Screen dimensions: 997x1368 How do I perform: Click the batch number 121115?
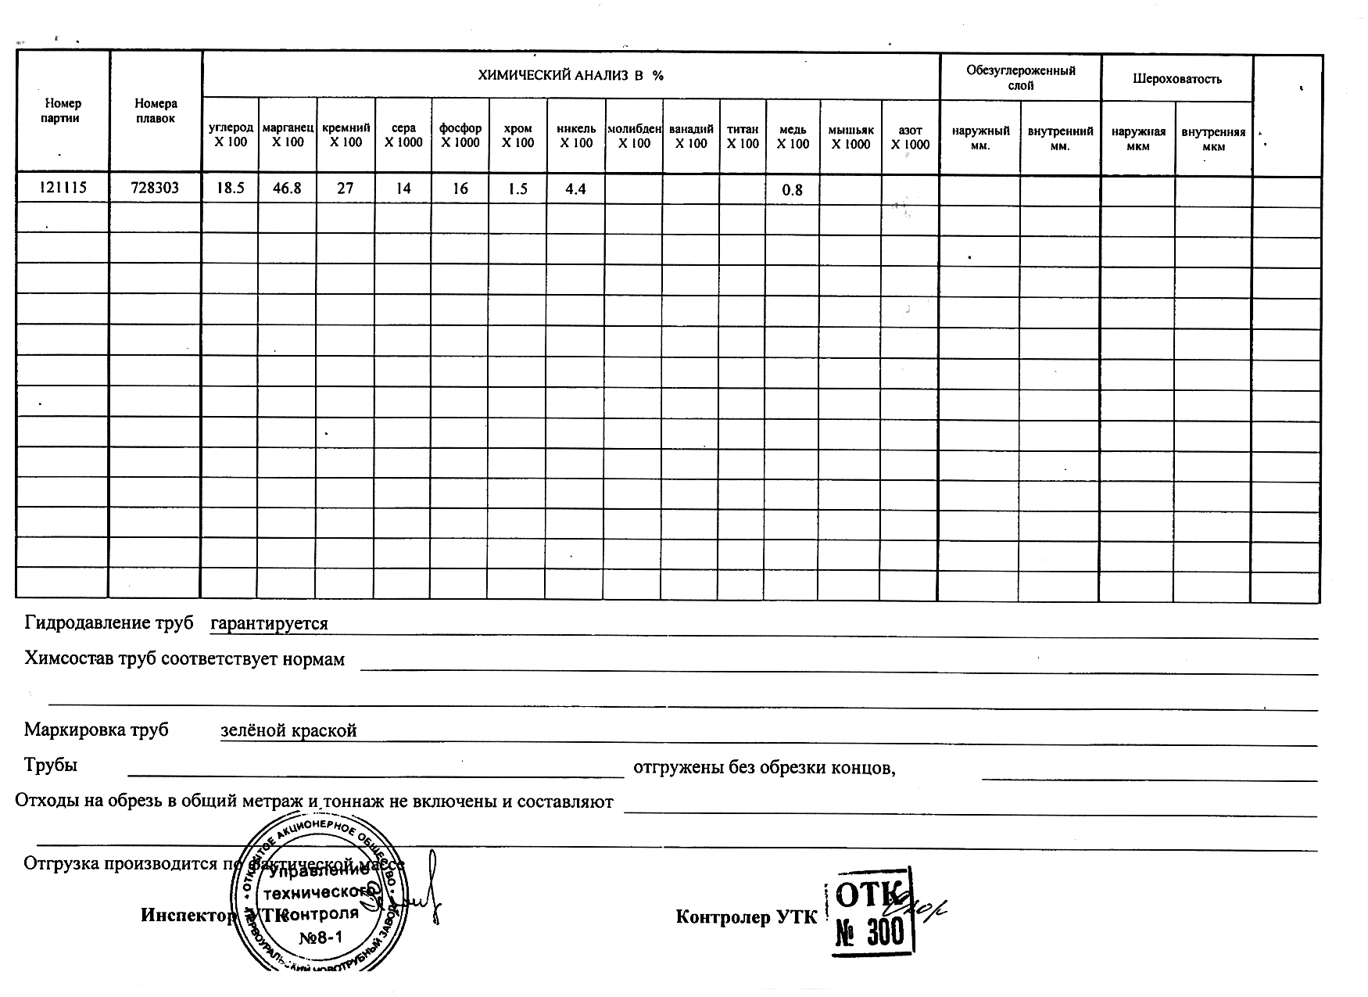[x=63, y=188]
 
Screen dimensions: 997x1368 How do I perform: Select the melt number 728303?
[x=155, y=188]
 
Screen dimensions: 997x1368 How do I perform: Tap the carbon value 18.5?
[x=231, y=188]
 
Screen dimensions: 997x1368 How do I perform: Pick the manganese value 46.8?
[x=287, y=188]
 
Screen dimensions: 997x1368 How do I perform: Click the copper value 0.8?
[x=793, y=190]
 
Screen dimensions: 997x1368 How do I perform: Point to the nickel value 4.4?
[x=575, y=188]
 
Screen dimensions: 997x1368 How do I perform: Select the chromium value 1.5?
[x=517, y=188]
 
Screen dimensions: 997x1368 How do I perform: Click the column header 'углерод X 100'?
[x=231, y=134]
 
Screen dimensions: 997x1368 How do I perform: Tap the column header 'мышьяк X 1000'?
[x=851, y=137]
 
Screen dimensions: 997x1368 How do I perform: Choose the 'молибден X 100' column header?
[x=634, y=135]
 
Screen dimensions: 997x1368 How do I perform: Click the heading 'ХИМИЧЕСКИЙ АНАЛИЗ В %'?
[x=571, y=75]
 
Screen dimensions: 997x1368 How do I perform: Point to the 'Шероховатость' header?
[x=1176, y=79]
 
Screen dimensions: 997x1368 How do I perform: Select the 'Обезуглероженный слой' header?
[x=1020, y=77]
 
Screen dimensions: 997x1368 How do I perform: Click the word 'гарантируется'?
[x=270, y=623]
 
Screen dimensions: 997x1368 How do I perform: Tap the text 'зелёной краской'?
[x=288, y=730]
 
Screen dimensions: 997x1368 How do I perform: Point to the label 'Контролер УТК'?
[x=745, y=917]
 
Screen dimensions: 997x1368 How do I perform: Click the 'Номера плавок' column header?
[x=156, y=110]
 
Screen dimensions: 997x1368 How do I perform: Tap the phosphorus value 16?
[x=460, y=188]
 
